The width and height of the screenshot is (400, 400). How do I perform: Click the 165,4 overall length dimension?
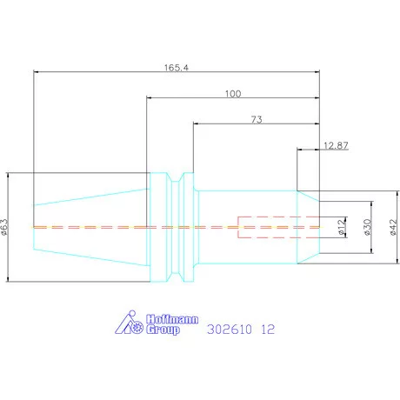(x=177, y=68)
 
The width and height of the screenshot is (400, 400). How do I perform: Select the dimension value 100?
(x=233, y=94)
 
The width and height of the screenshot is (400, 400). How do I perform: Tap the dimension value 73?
(x=257, y=119)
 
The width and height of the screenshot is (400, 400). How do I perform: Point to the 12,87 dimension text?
(x=336, y=145)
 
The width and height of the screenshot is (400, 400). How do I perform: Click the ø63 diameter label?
(x=5, y=227)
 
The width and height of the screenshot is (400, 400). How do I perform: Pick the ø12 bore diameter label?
(x=342, y=227)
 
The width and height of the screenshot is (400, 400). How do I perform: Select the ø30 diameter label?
(x=367, y=227)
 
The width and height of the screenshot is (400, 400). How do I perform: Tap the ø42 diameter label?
(x=393, y=227)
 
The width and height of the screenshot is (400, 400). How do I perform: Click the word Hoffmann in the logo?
(x=172, y=319)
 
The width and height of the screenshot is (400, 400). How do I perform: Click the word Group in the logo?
(x=163, y=330)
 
